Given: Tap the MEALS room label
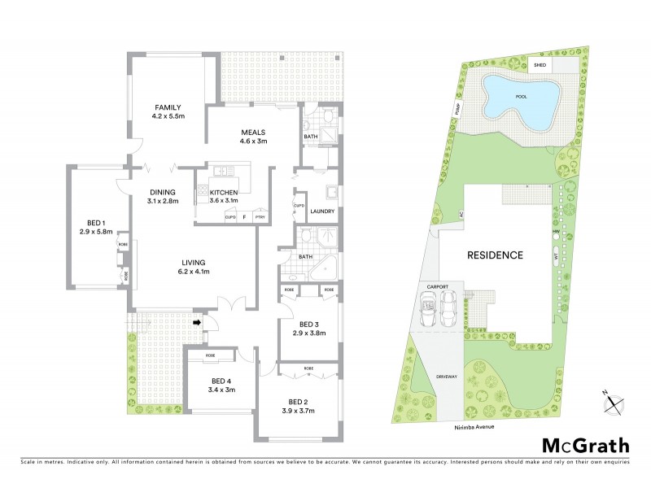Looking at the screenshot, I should [253, 133].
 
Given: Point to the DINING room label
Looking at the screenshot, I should [161, 191].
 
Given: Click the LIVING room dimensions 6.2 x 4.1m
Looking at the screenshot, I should [193, 272].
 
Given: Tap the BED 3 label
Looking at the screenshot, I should [308, 323].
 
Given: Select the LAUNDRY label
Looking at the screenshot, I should [323, 211].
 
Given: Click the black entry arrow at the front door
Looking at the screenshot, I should [196, 323].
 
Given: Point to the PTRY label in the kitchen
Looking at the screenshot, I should [260, 217].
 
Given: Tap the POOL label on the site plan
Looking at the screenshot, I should [521, 97].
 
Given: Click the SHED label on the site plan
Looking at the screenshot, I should [539, 64].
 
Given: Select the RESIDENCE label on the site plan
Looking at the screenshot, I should [493, 255].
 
